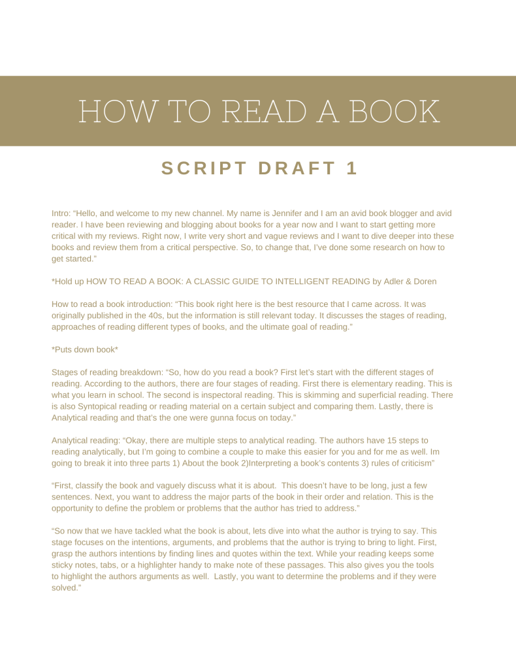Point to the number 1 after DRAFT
(x=352, y=168)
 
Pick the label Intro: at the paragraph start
(x=63, y=214)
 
